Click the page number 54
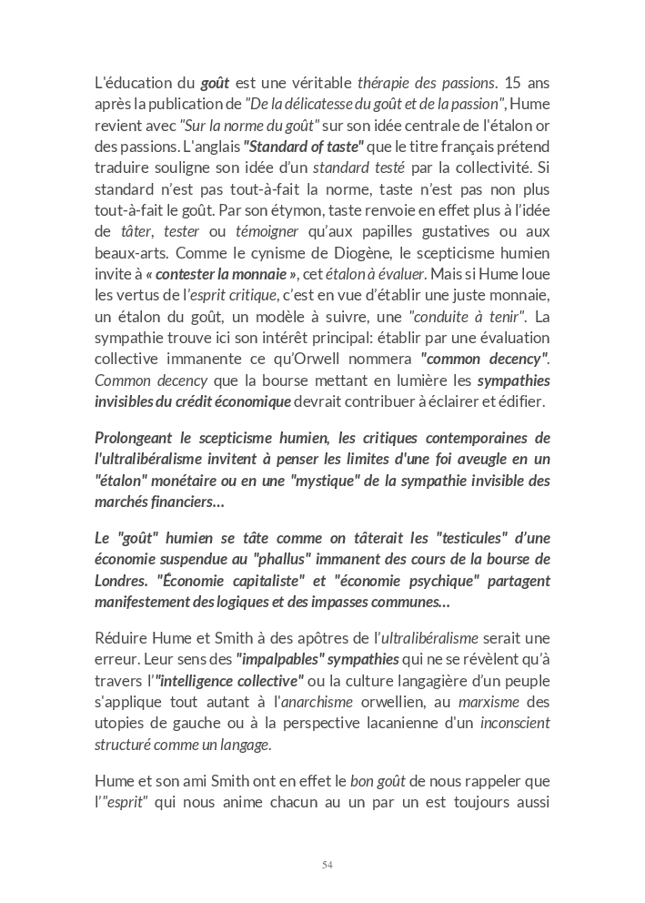click(328, 864)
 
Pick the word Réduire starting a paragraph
click(123, 638)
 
